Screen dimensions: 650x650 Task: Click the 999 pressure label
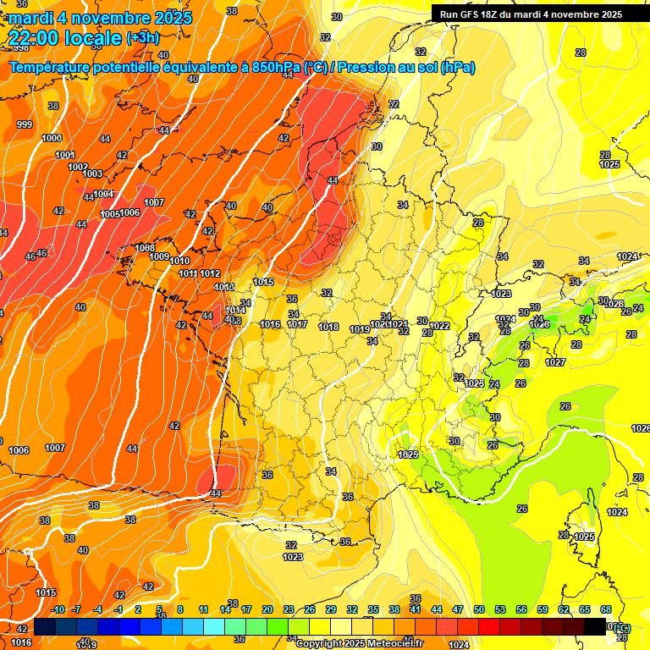[x=25, y=124]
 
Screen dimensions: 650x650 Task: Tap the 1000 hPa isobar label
[x=52, y=138]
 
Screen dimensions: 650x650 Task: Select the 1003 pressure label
[x=92, y=174]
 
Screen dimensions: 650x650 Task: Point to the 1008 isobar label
[x=145, y=248]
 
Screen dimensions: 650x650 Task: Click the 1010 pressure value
[x=179, y=262]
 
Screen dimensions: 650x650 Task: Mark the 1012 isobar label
[x=210, y=273]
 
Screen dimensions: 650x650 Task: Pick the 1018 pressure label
[x=328, y=327]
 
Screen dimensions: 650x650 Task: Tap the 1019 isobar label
[x=359, y=328]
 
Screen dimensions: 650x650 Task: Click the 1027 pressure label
[x=555, y=362]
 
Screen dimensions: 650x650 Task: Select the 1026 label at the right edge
[x=641, y=428]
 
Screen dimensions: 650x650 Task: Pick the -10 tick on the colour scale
[x=58, y=609]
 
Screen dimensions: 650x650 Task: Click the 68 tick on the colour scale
[x=606, y=609]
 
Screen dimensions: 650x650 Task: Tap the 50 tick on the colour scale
[x=479, y=609]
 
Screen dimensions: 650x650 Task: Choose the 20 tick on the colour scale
[x=267, y=609]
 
